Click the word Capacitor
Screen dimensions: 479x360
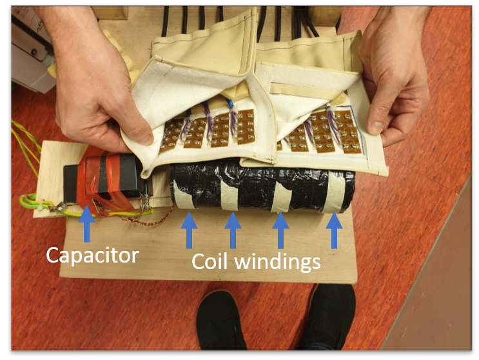93,255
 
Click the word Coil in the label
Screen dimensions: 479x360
210,261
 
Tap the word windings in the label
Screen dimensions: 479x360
278,263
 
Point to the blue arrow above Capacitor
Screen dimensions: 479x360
87,224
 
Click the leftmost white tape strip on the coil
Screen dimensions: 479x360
184,192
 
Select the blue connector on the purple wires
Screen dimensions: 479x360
231,104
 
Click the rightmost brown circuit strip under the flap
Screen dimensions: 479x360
347,132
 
